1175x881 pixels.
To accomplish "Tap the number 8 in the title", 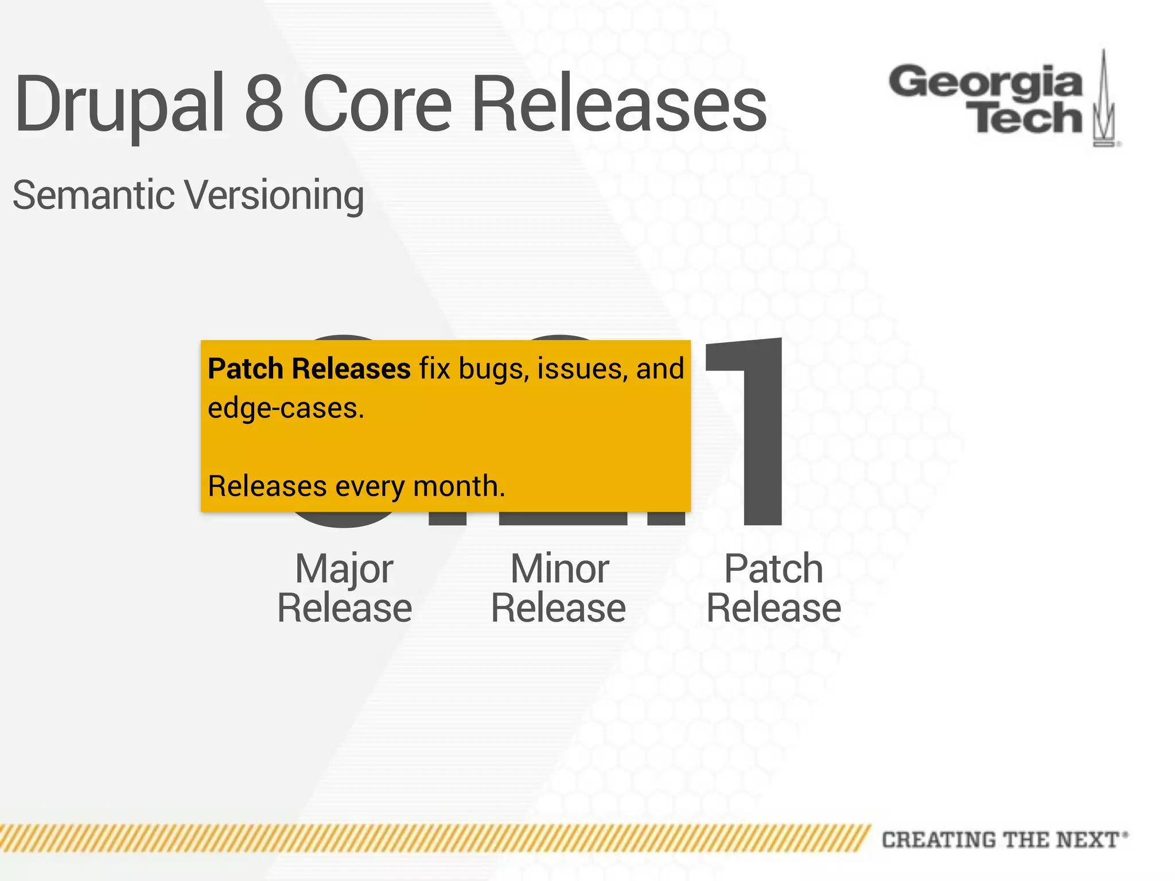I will click(x=264, y=103).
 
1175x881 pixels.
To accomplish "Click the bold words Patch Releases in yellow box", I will click(x=309, y=368).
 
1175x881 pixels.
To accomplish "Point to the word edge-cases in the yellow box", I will click(x=285, y=408).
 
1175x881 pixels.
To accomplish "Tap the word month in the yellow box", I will click(x=458, y=486).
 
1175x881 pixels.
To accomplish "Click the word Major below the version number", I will click(x=344, y=569).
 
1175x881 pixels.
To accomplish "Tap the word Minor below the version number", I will click(x=559, y=569).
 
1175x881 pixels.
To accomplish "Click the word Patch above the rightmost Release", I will click(x=773, y=569).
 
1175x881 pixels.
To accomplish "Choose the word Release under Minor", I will click(x=558, y=608).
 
